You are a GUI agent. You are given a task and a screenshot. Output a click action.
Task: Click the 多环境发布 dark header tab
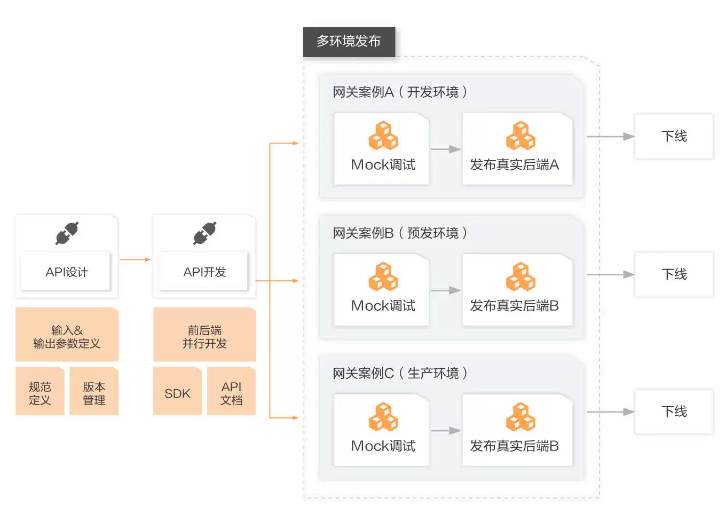pos(349,42)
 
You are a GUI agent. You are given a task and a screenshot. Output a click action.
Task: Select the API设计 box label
pos(66,272)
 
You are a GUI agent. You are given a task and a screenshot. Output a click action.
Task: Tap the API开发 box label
pos(204,272)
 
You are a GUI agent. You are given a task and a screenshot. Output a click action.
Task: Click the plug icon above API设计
pos(67,233)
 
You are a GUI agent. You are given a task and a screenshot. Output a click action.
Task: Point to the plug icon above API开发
pos(205,233)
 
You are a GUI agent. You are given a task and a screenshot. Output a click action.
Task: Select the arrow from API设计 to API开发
pos(135,260)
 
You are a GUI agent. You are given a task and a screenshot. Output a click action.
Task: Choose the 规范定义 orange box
pos(40,393)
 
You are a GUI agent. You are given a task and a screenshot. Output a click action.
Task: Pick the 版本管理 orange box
pos(94,393)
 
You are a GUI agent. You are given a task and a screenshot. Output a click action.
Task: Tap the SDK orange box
pos(177,393)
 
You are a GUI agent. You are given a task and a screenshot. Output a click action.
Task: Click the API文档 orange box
pos(232,393)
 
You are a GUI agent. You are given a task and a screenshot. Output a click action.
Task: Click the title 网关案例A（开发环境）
pos(400,92)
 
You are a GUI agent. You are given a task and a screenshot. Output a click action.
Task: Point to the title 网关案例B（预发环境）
pos(400,233)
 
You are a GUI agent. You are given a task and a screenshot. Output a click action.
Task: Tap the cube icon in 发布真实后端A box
pos(520,136)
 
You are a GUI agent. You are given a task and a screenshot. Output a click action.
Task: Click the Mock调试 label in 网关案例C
pos(383,446)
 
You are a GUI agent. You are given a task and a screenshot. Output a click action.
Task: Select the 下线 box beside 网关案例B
pos(674,274)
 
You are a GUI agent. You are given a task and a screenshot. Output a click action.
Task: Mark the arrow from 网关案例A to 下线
pos(610,137)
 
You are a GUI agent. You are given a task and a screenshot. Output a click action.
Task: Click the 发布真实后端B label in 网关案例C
pos(514,446)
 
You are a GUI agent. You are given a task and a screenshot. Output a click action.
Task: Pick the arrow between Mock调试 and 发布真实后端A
pos(446,149)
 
